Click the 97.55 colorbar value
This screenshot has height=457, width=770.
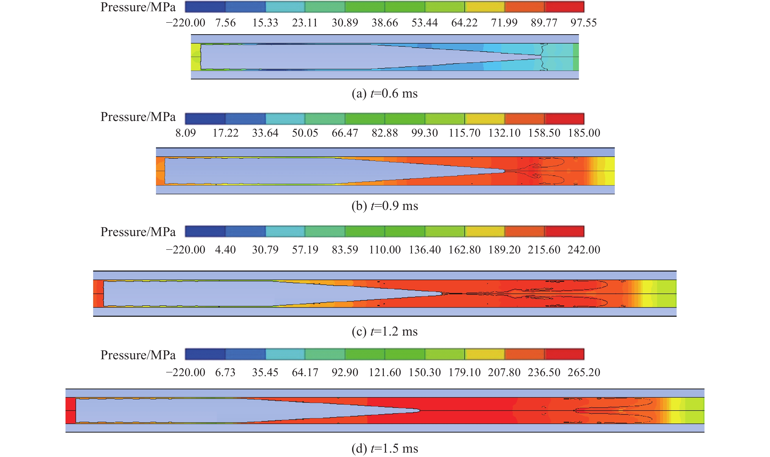pyautogui.click(x=583, y=23)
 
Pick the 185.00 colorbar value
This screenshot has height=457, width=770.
pyautogui.click(x=584, y=133)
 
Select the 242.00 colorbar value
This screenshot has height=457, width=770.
pyautogui.click(x=584, y=250)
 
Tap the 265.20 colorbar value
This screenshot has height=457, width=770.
pyautogui.click(x=584, y=372)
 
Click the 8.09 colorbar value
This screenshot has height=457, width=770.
pyautogui.click(x=186, y=133)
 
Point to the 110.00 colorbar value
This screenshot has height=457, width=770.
pyautogui.click(x=385, y=250)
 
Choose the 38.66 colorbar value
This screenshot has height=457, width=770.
pyautogui.click(x=385, y=23)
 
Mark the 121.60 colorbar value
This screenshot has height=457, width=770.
pyautogui.click(x=385, y=372)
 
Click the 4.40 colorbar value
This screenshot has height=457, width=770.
pyautogui.click(x=225, y=250)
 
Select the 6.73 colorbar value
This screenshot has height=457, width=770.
pyautogui.click(x=225, y=372)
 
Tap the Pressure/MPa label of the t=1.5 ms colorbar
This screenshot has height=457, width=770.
pyautogui.click(x=138, y=355)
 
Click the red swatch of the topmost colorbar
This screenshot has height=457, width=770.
pyautogui.click(x=564, y=7)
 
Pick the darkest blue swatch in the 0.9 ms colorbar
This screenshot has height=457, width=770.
pyautogui.click(x=205, y=119)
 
